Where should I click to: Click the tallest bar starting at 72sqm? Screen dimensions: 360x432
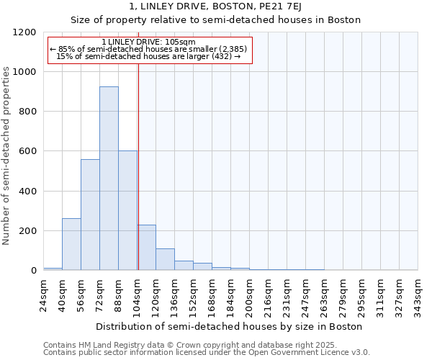point(109,179)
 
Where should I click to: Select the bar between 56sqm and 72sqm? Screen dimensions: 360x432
point(90,215)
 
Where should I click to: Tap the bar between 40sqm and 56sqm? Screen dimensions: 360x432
point(71,244)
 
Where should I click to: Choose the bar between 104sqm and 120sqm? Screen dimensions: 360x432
point(146,248)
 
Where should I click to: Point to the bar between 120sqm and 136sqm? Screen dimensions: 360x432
point(165,259)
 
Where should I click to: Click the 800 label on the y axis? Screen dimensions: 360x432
point(29,112)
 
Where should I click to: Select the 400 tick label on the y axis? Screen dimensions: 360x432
point(29,192)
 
